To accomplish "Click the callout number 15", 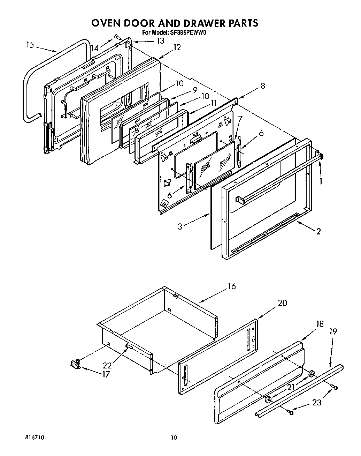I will click(30, 45).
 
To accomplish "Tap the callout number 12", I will click(177, 47).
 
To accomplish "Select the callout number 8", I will click(262, 85).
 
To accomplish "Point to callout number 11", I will click(213, 103).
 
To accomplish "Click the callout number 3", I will click(180, 226).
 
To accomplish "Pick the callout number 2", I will click(318, 231).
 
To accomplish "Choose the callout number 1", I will click(321, 181).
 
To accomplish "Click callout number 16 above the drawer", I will click(232, 286).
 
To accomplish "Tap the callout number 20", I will click(282, 303).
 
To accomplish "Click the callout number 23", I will click(317, 402).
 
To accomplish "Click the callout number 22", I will click(107, 365).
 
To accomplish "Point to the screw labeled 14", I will click(116, 36).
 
